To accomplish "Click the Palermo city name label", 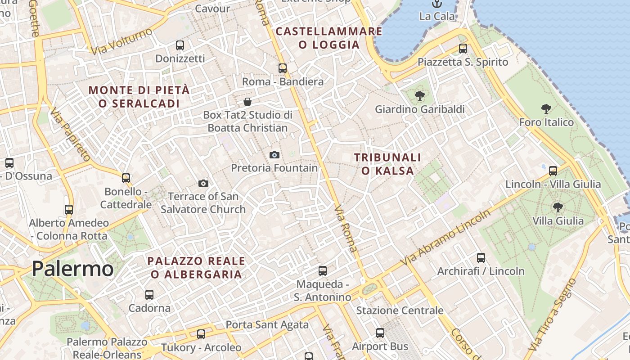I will tap(72, 269).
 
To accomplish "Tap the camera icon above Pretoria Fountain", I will tap(274, 155).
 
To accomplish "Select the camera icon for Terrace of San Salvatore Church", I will tap(203, 183).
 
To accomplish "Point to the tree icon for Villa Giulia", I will tap(558, 207).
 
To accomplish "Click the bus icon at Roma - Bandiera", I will tap(283, 68).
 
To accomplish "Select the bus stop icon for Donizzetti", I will tap(180, 45).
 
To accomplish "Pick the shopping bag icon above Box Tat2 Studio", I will tap(247, 102).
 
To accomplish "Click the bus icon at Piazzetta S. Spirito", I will tap(463, 49).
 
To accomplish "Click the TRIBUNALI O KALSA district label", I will tap(387, 164).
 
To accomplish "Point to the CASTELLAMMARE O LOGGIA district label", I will tap(329, 38).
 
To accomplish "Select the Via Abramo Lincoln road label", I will tap(447, 237).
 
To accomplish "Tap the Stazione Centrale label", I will tap(400, 310).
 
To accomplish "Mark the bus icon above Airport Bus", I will tap(380, 333).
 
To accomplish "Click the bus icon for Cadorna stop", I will tap(149, 295).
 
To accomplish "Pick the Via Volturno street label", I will tap(121, 41).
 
